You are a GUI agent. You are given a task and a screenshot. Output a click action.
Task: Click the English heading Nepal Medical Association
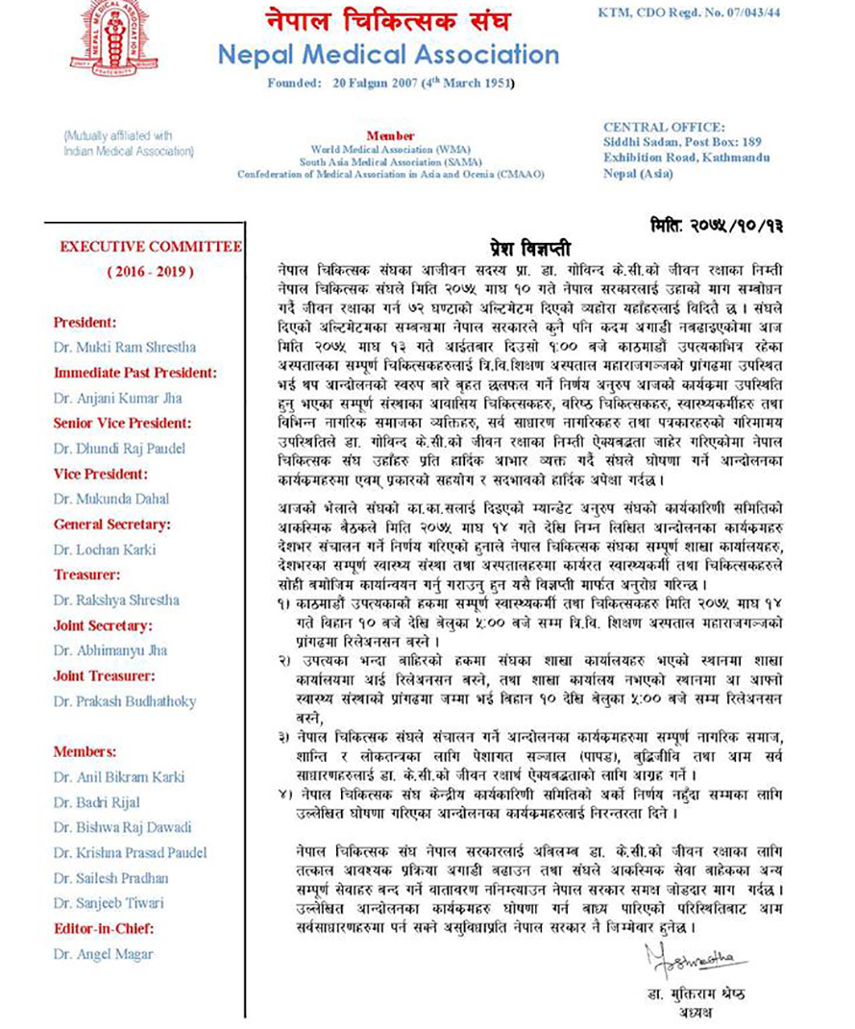[388, 54]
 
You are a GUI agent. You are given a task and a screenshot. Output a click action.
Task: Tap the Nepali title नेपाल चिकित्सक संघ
[388, 20]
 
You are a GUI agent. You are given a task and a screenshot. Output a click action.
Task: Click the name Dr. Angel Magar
[103, 954]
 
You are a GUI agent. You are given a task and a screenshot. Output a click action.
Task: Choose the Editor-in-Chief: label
[104, 928]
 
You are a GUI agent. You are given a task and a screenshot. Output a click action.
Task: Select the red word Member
[390, 136]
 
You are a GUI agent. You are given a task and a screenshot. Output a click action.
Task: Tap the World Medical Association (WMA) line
[390, 150]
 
